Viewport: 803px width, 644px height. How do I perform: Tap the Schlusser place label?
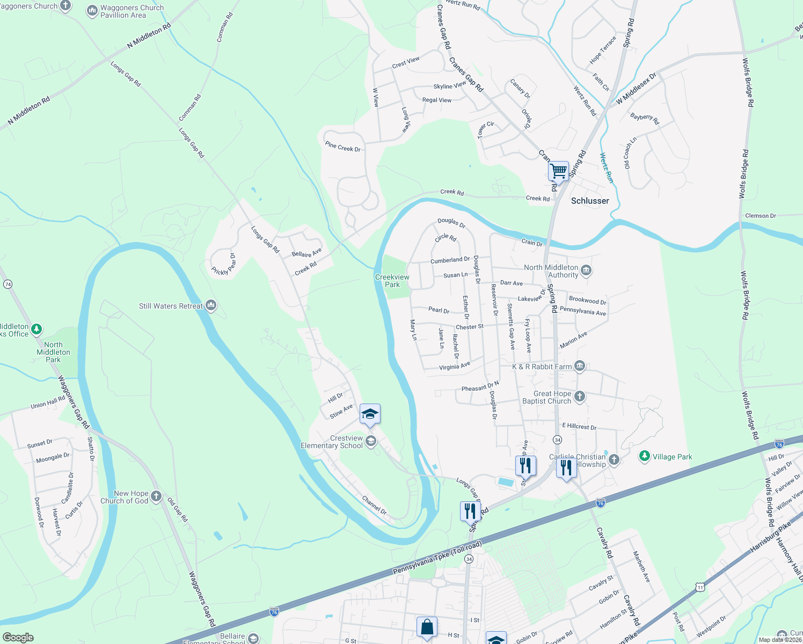point(590,201)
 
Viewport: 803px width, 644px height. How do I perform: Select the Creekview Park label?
point(392,281)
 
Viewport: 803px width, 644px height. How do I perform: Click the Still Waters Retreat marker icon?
point(211,306)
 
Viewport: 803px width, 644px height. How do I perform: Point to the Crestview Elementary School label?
point(332,442)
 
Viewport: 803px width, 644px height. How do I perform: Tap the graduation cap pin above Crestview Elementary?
point(370,414)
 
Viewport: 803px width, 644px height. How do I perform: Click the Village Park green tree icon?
point(645,456)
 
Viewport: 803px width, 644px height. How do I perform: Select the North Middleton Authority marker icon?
point(586,270)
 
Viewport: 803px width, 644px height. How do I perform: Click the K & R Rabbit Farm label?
point(542,367)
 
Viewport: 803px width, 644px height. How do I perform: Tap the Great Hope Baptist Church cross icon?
point(579,397)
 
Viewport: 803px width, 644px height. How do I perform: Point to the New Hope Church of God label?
point(125,497)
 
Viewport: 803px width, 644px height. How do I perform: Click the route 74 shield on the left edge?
point(8,284)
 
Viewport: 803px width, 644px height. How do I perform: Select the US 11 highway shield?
point(700,588)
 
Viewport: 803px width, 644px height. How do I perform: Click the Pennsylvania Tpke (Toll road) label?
point(437,558)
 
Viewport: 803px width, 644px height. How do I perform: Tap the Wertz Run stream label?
point(606,168)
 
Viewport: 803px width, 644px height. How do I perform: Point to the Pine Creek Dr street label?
point(343,146)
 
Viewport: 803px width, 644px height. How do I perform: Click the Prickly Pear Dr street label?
point(224,265)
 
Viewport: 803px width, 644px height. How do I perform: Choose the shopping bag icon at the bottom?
point(427,627)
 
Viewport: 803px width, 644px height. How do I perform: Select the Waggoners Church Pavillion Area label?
point(132,11)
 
